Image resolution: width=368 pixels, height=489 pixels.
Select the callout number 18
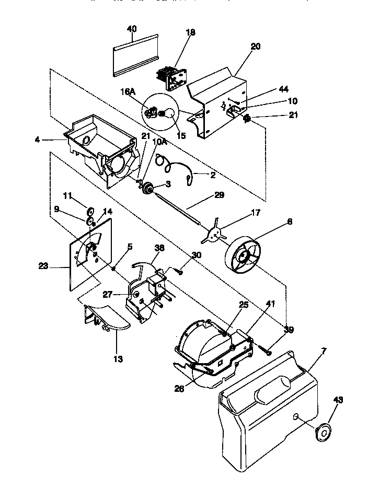190,32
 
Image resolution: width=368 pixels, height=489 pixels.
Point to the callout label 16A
128,91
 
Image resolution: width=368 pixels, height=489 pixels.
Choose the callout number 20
255,46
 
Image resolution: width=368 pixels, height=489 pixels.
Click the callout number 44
283,89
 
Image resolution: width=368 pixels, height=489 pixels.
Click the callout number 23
43,266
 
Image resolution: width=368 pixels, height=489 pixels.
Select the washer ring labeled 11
90,211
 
